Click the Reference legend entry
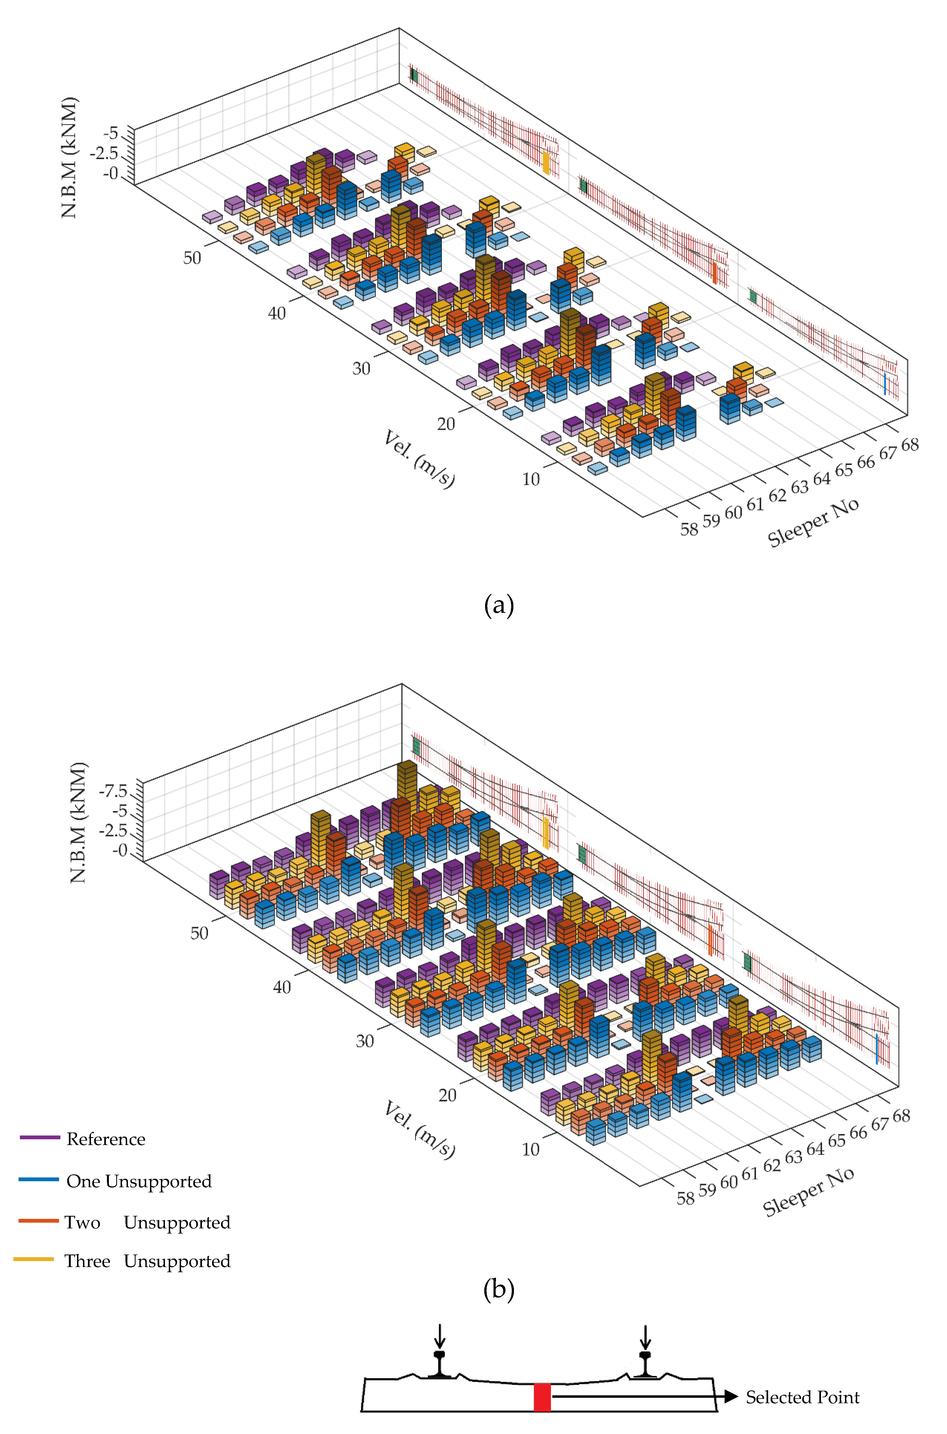(x=106, y=1139)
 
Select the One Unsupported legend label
(x=139, y=1182)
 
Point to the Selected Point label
(x=802, y=1397)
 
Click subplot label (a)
(x=499, y=605)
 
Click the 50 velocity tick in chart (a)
(x=192, y=258)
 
